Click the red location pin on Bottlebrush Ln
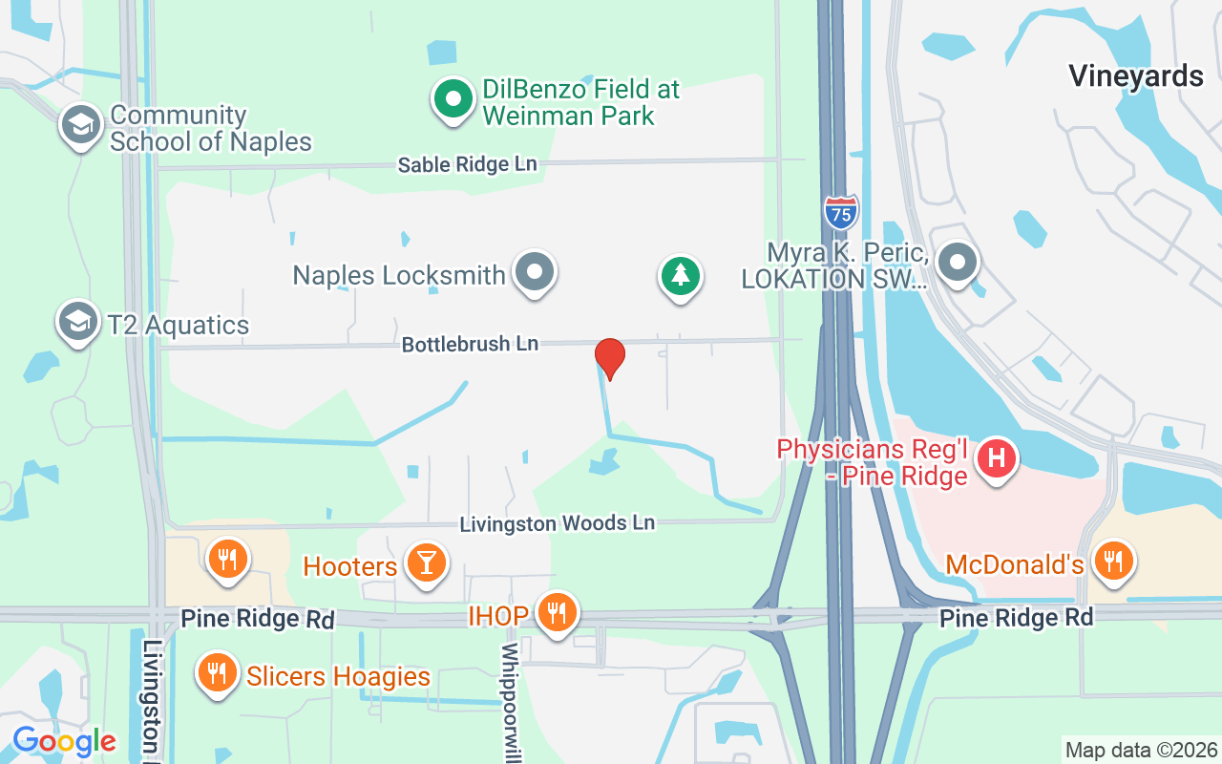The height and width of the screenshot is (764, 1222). [x=610, y=358]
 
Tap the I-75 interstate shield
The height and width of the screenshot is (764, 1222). [x=840, y=212]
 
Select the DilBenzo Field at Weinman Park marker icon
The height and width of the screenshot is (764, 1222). [x=454, y=98]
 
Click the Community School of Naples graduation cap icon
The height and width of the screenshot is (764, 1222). [x=82, y=125]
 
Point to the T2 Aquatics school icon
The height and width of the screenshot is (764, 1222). [x=78, y=323]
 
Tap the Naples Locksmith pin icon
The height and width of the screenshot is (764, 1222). [x=535, y=272]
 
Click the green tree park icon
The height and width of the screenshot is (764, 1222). [x=680, y=276]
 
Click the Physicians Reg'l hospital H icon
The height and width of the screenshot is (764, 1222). [x=997, y=458]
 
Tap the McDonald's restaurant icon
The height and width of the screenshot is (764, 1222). [x=1112, y=562]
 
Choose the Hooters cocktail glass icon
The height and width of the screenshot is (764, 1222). [x=426, y=563]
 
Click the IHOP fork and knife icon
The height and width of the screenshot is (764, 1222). [x=555, y=612]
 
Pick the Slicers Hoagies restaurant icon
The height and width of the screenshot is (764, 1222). [x=219, y=673]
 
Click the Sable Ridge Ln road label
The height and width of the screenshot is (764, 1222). [x=467, y=164]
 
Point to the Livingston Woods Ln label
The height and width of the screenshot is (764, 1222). [x=558, y=523]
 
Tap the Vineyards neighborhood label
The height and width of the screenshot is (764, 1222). [x=1135, y=75]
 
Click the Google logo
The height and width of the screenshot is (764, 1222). [x=64, y=741]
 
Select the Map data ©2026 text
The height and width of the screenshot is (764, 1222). [x=1141, y=750]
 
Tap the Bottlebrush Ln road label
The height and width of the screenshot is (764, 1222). [x=470, y=344]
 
